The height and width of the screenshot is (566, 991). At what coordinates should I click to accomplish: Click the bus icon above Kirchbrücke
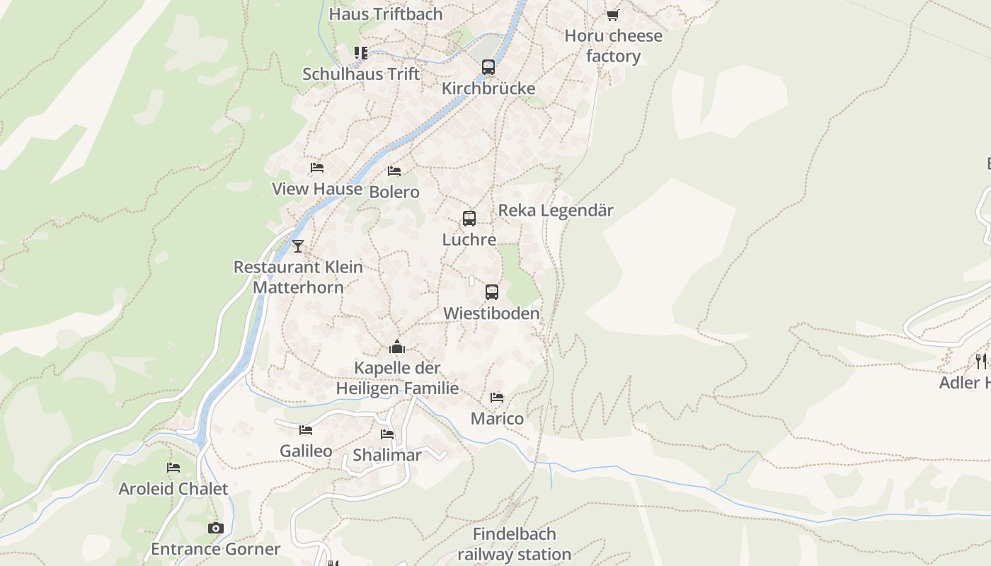(x=488, y=67)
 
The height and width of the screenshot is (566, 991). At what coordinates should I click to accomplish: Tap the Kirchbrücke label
(x=488, y=88)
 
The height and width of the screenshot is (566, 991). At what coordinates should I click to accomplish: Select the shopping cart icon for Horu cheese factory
(x=613, y=15)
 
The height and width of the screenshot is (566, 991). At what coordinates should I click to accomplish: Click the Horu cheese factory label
(x=614, y=46)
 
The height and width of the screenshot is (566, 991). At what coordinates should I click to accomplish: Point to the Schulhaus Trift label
(x=361, y=74)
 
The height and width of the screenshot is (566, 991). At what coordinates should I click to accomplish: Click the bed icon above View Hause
(x=317, y=168)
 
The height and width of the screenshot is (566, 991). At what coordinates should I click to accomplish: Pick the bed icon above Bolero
(x=394, y=171)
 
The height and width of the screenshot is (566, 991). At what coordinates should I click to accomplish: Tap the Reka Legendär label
(x=556, y=210)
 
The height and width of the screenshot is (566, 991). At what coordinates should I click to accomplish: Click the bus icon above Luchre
(x=469, y=219)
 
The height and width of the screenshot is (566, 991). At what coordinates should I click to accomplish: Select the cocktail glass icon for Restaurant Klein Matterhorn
(x=298, y=246)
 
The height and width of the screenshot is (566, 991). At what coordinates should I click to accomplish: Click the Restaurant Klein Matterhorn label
(x=298, y=277)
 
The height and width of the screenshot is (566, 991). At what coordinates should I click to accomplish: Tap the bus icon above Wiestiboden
(x=492, y=291)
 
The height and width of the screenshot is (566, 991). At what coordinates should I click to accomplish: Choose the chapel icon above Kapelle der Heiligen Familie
(x=397, y=347)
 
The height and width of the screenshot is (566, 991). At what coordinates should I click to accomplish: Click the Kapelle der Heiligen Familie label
(x=397, y=379)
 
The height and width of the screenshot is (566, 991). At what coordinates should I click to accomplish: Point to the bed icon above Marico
(x=497, y=398)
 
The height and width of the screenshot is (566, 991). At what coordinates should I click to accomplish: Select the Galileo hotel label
(x=306, y=451)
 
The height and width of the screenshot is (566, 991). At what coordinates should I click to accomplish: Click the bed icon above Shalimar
(x=387, y=434)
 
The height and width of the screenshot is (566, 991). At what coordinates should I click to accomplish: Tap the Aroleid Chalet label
(x=173, y=489)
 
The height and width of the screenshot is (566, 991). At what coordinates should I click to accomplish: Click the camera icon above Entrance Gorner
(x=216, y=528)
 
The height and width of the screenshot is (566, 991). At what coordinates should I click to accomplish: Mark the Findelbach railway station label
(x=515, y=544)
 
